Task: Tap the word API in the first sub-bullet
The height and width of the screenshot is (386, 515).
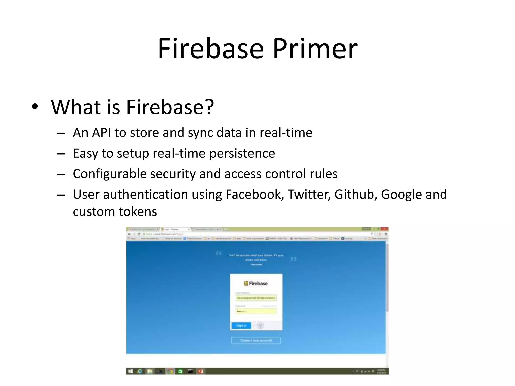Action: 101,133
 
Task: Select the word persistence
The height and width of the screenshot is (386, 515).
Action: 242,153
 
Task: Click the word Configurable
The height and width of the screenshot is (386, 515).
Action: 110,174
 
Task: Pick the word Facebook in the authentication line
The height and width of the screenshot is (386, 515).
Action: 254,194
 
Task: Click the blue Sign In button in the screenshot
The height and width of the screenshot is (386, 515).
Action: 241,326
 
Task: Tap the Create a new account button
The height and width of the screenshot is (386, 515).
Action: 256,341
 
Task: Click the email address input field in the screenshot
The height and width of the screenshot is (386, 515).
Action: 256,298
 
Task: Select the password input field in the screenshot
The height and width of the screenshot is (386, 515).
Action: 256,311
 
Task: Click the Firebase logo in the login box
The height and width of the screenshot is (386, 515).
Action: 256,284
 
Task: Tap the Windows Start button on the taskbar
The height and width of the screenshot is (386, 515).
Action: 130,371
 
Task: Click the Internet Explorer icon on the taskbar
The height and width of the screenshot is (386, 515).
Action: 140,371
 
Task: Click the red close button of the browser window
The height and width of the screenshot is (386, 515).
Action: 384,229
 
